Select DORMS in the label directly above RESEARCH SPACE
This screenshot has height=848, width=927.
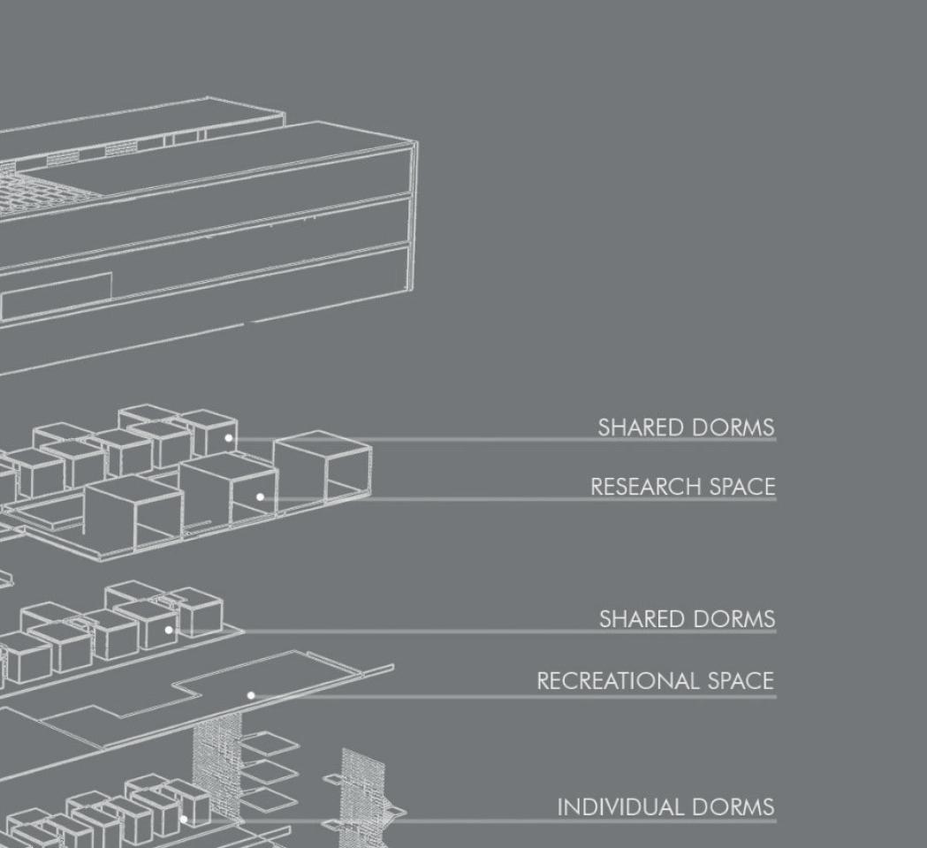pyautogui.click(x=733, y=428)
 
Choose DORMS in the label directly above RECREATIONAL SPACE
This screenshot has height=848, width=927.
pyautogui.click(x=733, y=619)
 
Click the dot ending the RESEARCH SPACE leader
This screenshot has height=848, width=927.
pyautogui.click(x=260, y=497)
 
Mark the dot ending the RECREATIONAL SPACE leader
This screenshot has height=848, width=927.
pyautogui.click(x=251, y=696)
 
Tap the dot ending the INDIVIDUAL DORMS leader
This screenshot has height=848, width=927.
pyautogui.click(x=184, y=820)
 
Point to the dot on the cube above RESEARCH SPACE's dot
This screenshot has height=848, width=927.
pyautogui.click(x=228, y=438)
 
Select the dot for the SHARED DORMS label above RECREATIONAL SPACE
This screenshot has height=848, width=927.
pyautogui.click(x=169, y=631)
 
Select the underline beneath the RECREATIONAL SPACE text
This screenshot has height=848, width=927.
pyautogui.click(x=654, y=697)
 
